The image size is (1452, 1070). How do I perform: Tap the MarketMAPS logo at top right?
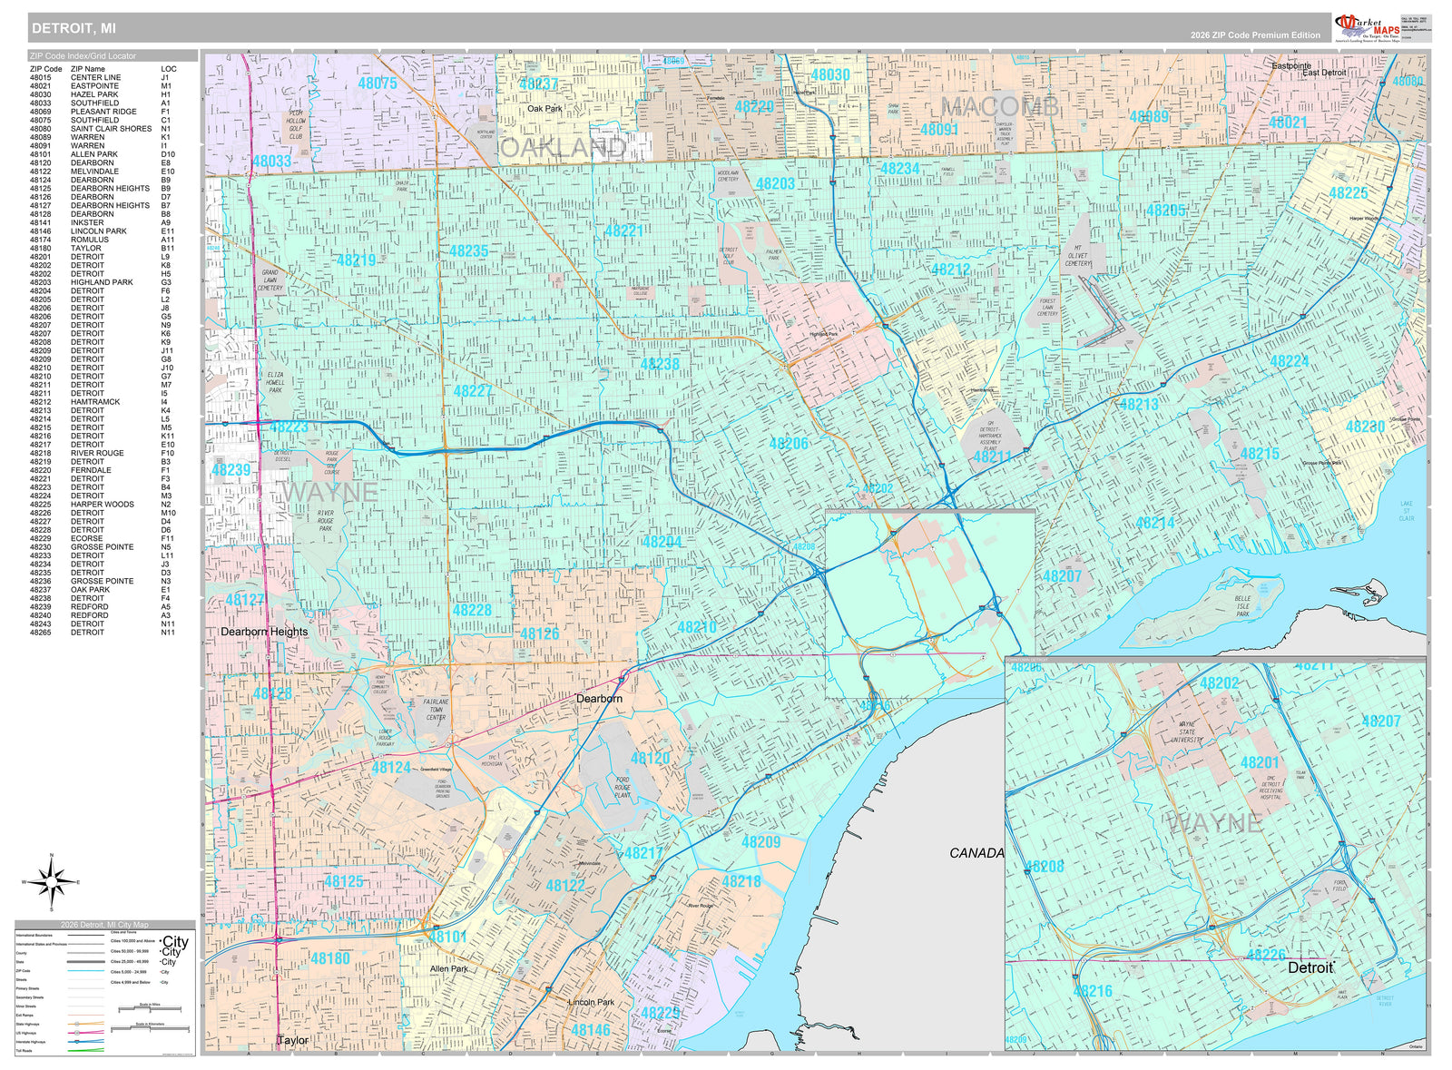click(1368, 27)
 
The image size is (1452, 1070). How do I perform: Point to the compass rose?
click(52, 881)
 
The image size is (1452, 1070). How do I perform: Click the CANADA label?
click(976, 853)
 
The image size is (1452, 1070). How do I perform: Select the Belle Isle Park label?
click(1242, 606)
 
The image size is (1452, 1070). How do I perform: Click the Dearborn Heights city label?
click(264, 632)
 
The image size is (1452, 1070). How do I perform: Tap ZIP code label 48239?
click(231, 470)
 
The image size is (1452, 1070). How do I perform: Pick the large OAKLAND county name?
click(563, 148)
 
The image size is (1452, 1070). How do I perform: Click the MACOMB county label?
click(999, 107)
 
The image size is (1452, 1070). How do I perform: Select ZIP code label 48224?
click(1289, 361)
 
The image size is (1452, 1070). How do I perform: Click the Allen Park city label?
click(449, 969)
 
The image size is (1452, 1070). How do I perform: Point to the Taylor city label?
click(293, 1040)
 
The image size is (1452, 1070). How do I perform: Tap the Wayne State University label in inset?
click(1187, 732)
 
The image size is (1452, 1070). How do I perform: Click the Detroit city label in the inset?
click(1310, 967)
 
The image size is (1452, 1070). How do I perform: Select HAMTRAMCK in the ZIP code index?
click(95, 402)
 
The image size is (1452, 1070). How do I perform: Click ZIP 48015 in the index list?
click(40, 78)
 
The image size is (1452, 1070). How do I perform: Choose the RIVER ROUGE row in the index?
click(97, 453)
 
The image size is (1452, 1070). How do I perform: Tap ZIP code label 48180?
click(329, 958)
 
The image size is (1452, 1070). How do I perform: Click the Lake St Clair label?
click(1406, 511)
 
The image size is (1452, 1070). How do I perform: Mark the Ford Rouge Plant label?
click(622, 787)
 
